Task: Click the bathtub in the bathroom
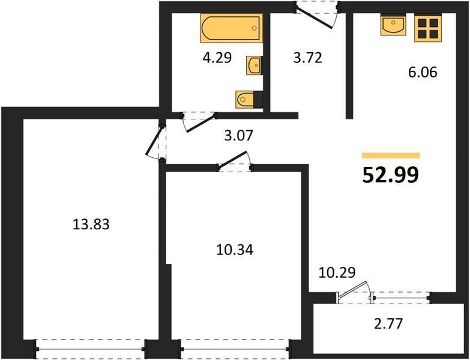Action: (x=232, y=28)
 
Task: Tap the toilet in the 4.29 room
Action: (x=249, y=99)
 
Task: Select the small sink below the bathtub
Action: (x=254, y=65)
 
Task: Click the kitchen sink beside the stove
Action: (x=393, y=25)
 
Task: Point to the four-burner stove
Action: (x=428, y=28)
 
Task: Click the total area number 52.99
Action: (x=390, y=175)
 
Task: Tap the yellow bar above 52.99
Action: (x=391, y=155)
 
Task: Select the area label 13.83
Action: (x=91, y=224)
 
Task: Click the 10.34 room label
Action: (x=235, y=250)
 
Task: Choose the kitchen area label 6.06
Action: (x=423, y=72)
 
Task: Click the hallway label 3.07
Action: (x=239, y=136)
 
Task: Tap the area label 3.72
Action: (x=308, y=58)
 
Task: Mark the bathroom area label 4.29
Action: (x=217, y=58)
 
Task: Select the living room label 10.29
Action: (x=337, y=272)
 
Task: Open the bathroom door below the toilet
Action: (x=200, y=123)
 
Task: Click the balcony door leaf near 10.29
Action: (x=353, y=289)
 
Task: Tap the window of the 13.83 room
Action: (x=91, y=349)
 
